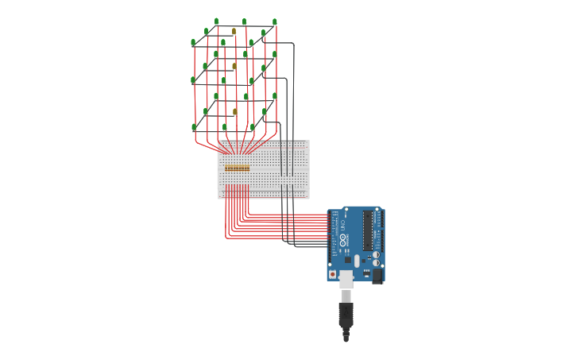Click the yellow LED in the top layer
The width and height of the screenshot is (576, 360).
pos(234,32)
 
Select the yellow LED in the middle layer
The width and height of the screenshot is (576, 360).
pos(234,67)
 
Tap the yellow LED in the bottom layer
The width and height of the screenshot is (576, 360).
pos(234,112)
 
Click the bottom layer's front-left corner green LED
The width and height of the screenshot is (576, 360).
pos(194,127)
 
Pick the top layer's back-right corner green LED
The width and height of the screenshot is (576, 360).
pos(275,22)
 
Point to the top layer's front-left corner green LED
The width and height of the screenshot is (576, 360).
pos(193,43)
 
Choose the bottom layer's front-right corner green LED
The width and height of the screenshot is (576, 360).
pos(253,127)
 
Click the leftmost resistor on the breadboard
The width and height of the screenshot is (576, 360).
pos(226,168)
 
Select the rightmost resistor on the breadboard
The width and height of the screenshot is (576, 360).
pos(248,168)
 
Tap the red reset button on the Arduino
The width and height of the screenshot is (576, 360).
pos(332,274)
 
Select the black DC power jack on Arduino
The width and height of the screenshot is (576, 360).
pos(377,276)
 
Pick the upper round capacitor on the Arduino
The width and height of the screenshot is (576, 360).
pos(376,255)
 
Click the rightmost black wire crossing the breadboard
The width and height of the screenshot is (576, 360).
pos(293,159)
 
